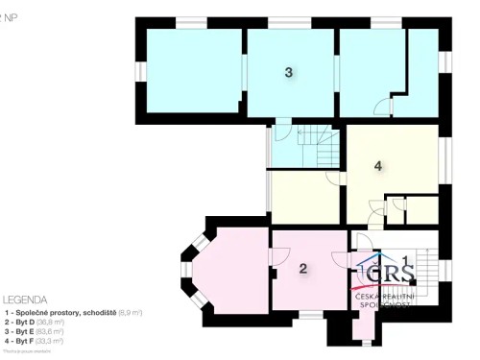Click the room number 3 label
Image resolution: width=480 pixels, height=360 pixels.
coord(288,72)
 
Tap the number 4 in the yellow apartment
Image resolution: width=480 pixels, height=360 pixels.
coord(378,166)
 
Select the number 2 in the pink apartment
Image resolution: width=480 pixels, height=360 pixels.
coord(302,269)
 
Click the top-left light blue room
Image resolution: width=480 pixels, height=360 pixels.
coord(191,69)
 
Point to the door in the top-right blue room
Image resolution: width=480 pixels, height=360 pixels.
coord(382,107)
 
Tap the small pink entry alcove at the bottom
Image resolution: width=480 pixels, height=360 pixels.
coord(362,326)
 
